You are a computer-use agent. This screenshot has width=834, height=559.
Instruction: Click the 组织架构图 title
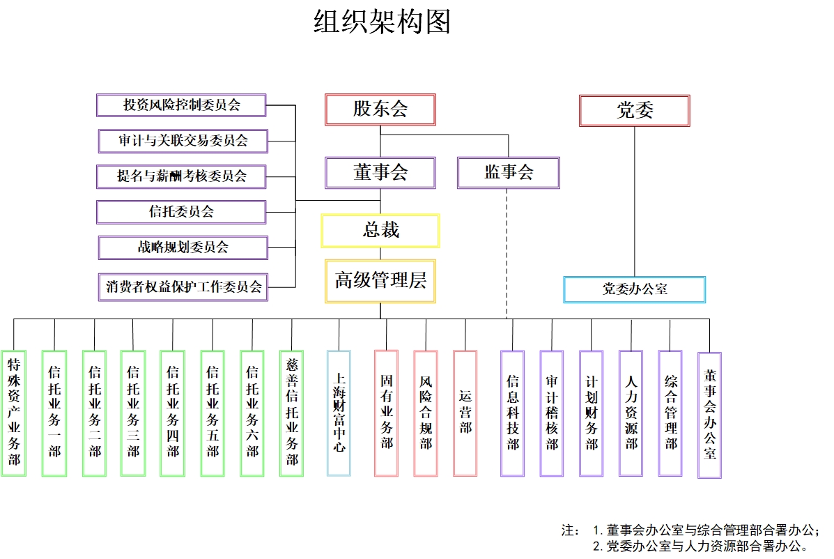pos(382,22)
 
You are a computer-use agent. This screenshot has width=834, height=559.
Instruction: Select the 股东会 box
pos(380,109)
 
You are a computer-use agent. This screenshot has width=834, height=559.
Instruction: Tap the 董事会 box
pos(380,172)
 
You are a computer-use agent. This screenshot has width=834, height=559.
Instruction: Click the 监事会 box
pos(509,172)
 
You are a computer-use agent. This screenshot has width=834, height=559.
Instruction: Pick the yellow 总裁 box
pos(380,231)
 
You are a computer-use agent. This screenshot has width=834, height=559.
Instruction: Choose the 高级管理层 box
pos(380,281)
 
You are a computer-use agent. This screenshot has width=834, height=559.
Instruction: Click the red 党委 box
pos(634,111)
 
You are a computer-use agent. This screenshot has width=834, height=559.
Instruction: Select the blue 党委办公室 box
pos(634,289)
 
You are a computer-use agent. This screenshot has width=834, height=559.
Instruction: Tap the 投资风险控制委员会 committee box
pos(181,105)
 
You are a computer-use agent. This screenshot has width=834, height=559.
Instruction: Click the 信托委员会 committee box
pos(181,212)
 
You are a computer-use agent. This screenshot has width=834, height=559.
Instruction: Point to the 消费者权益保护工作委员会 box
pos(183,286)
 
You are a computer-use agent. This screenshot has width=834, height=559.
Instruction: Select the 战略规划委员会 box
pos(183,247)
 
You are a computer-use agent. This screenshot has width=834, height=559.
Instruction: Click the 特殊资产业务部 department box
pos(14,413)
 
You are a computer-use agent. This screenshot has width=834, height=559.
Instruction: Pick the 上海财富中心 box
pos(339,413)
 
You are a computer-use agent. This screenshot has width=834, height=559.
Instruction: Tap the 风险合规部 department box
pos(426,413)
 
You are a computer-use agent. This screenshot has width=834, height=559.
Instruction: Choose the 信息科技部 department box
pos(512,413)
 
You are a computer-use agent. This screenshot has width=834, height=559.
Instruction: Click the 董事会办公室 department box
pos(709,415)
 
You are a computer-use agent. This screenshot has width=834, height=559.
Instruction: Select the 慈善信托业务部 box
pos(291,413)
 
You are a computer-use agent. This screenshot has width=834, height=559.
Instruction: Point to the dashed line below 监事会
pos(507,251)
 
